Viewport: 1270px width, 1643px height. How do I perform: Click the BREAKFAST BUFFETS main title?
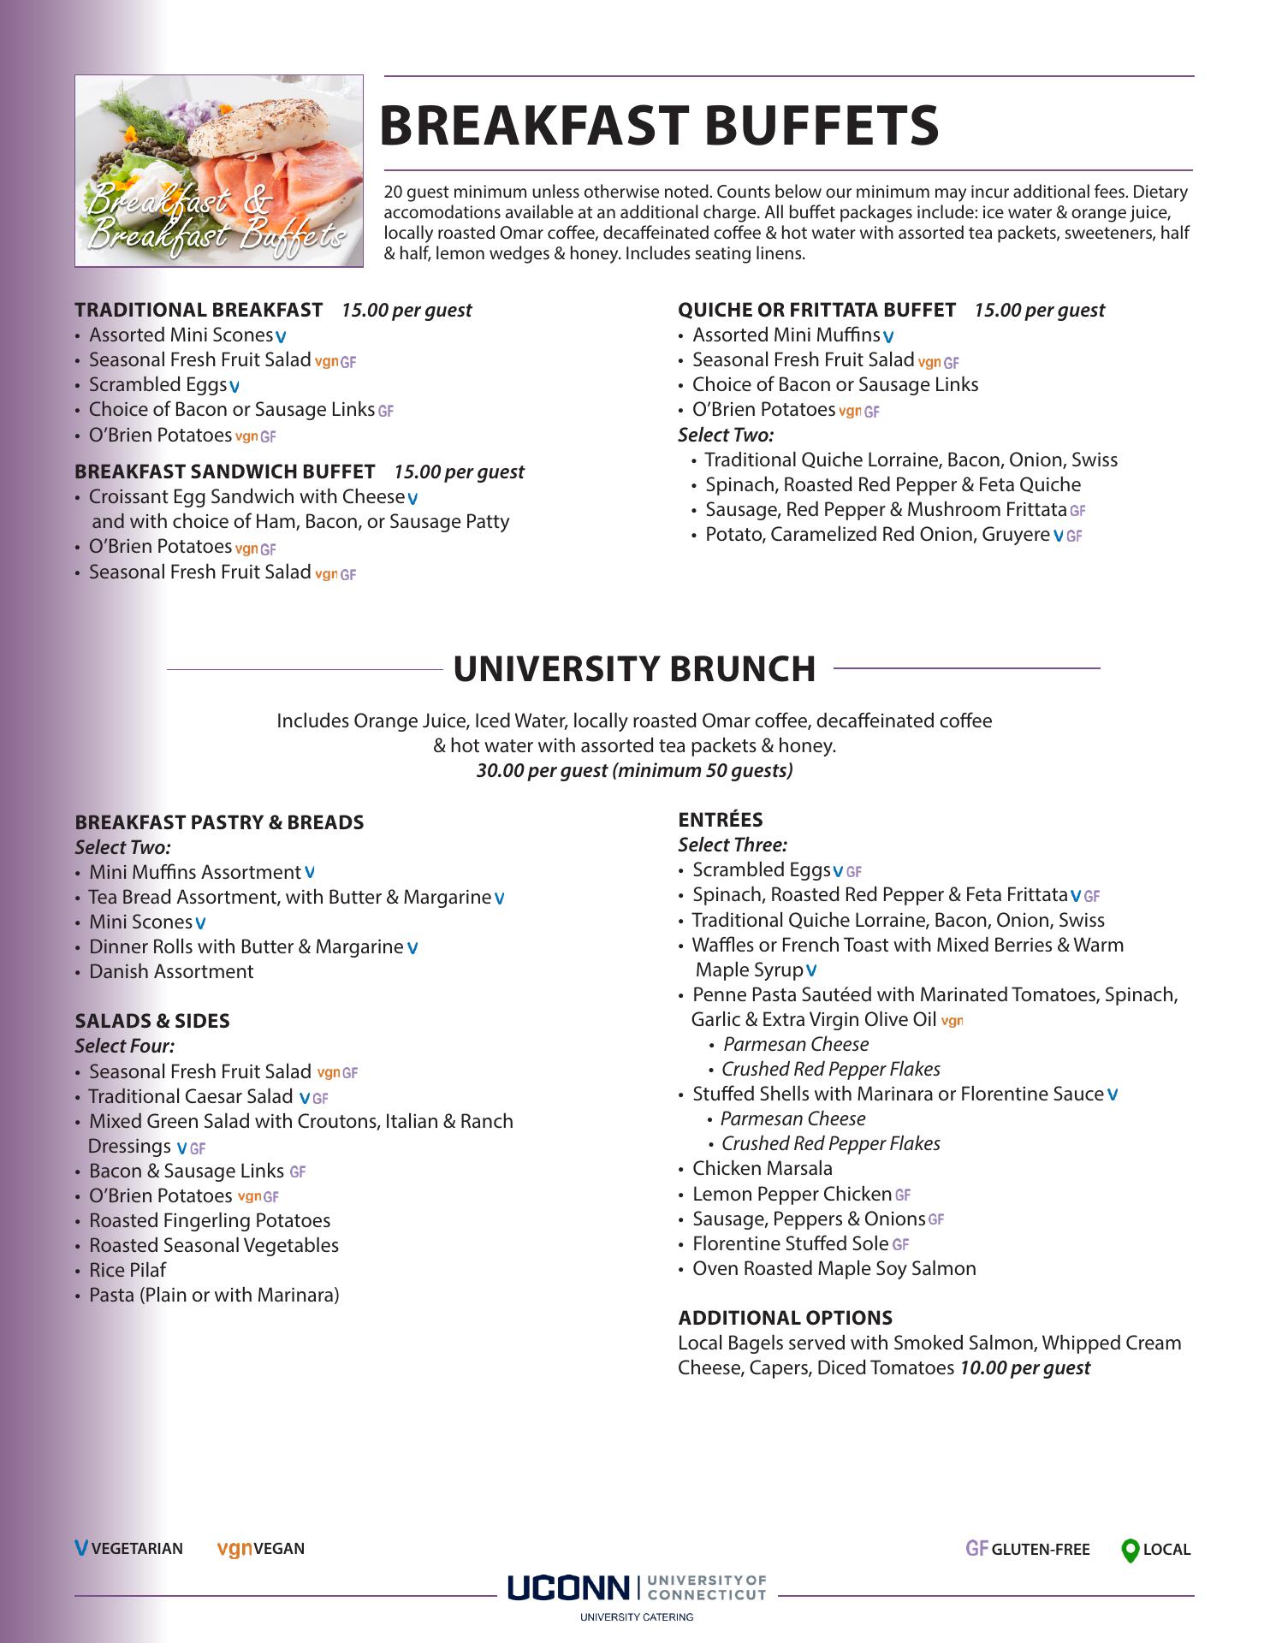coord(659,125)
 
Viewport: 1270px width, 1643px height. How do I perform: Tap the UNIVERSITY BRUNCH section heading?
coord(634,669)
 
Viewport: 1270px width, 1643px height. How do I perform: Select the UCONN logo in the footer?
coord(567,1588)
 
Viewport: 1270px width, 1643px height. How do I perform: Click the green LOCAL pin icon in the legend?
coord(1130,1550)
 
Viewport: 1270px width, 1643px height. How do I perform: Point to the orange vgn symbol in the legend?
coord(234,1548)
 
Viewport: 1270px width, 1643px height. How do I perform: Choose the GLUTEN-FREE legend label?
coord(1040,1550)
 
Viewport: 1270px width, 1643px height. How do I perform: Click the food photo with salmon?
coord(219,171)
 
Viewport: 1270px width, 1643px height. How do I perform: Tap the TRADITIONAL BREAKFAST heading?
coord(199,310)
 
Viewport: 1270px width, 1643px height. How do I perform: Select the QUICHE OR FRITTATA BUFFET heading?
coord(816,310)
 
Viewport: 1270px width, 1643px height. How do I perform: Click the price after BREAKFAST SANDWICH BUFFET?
coord(459,472)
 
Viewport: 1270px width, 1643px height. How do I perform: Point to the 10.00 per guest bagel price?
coord(1024,1367)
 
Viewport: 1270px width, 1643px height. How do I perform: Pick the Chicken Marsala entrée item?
coord(762,1168)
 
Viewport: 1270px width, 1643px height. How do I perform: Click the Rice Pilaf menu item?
coord(128,1270)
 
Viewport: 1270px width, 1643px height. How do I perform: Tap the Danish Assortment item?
coord(171,971)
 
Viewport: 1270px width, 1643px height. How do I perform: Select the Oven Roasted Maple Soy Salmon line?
coord(834,1268)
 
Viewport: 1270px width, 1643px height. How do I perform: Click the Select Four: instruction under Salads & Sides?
coord(125,1046)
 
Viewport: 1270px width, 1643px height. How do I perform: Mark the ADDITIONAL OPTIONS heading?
coord(785,1318)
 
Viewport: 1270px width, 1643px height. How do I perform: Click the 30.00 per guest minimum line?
coord(634,770)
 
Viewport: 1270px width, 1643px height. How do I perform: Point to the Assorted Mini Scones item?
coord(181,335)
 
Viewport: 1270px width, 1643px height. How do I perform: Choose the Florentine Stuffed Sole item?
coord(791,1243)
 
